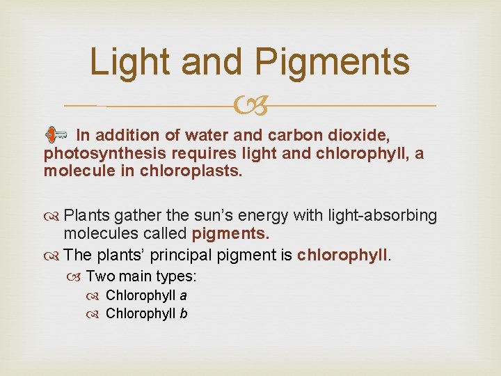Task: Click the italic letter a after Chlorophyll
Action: coord(183,296)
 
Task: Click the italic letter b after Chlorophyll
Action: coord(183,313)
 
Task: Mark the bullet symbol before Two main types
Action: coord(74,277)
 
